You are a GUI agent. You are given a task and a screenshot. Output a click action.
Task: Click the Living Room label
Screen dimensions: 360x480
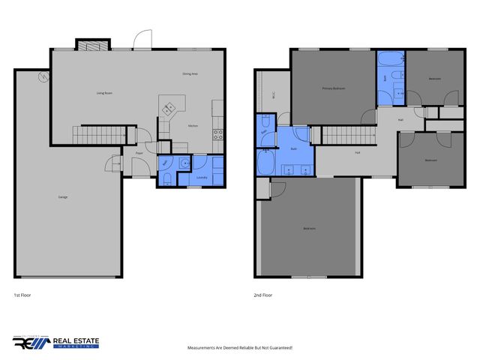[x=104, y=93]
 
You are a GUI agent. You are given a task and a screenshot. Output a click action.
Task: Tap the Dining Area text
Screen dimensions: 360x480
[x=190, y=74]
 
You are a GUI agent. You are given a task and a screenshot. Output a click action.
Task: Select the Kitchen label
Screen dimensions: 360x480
[x=193, y=126]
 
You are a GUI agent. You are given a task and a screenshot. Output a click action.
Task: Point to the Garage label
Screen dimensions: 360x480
[x=64, y=197]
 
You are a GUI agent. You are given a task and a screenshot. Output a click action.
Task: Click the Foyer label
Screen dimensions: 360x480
[x=139, y=153]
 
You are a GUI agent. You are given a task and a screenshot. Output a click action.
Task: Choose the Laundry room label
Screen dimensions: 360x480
[x=201, y=178]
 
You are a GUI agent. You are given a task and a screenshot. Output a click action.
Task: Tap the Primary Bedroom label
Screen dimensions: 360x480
[x=333, y=88]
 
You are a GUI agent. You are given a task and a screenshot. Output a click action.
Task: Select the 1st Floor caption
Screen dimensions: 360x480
[x=22, y=295]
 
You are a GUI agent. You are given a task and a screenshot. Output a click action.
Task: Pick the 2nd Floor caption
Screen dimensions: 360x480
[x=262, y=295]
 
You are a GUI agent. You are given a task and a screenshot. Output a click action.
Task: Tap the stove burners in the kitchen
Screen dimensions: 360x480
[x=218, y=135]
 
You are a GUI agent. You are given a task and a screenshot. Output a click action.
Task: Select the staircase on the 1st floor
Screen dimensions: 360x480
[x=94, y=135]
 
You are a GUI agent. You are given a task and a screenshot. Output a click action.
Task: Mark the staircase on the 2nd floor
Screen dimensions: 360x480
[x=347, y=135]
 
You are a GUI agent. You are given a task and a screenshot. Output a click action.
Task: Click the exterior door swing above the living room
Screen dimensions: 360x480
[x=142, y=39]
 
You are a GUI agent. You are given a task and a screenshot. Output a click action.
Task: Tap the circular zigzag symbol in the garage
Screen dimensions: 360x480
[x=44, y=76]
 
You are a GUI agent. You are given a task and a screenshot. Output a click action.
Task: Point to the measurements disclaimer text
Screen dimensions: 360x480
[x=239, y=348]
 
